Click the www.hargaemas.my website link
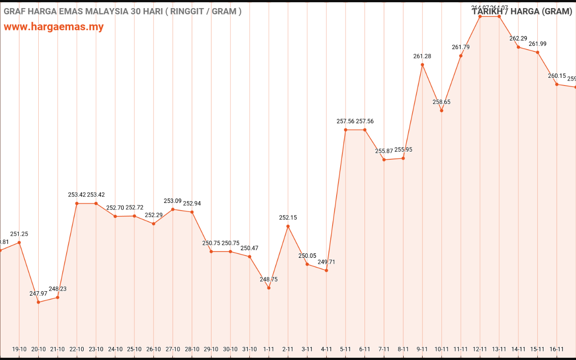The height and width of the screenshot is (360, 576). coord(54,27)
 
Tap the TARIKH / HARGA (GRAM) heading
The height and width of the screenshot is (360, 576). coord(522,12)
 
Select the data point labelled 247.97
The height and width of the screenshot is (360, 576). coord(38,302)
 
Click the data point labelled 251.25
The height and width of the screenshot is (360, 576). coord(19,243)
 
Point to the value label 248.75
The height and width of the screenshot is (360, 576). coord(269,279)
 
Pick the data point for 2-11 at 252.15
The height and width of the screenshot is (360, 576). coord(288,226)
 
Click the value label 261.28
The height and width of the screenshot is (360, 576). coord(422,56)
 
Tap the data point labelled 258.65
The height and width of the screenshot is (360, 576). coord(441,111)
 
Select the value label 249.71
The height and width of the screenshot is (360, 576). coord(326,262)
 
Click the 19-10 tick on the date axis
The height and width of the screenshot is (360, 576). coord(19,349)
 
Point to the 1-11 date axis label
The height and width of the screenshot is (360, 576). coord(269,349)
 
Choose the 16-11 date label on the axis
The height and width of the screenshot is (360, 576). coord(557,349)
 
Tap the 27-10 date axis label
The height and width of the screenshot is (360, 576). coord(173,349)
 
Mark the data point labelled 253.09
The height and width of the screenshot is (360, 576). coord(173,209)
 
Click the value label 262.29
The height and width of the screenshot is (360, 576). coord(518,39)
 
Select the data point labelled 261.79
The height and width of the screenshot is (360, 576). coord(461,56)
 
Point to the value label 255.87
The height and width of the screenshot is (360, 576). coord(384,151)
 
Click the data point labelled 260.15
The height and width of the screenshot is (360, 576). coord(557,84)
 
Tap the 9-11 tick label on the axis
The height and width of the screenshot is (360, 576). coord(422,349)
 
